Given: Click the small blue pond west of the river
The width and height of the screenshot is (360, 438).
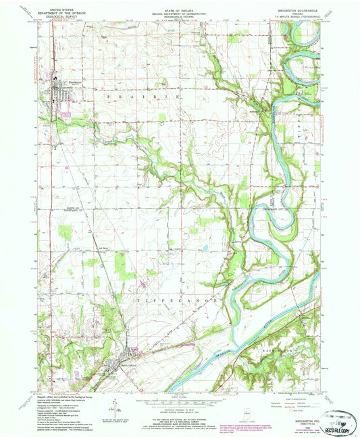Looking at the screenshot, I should pos(205,248).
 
